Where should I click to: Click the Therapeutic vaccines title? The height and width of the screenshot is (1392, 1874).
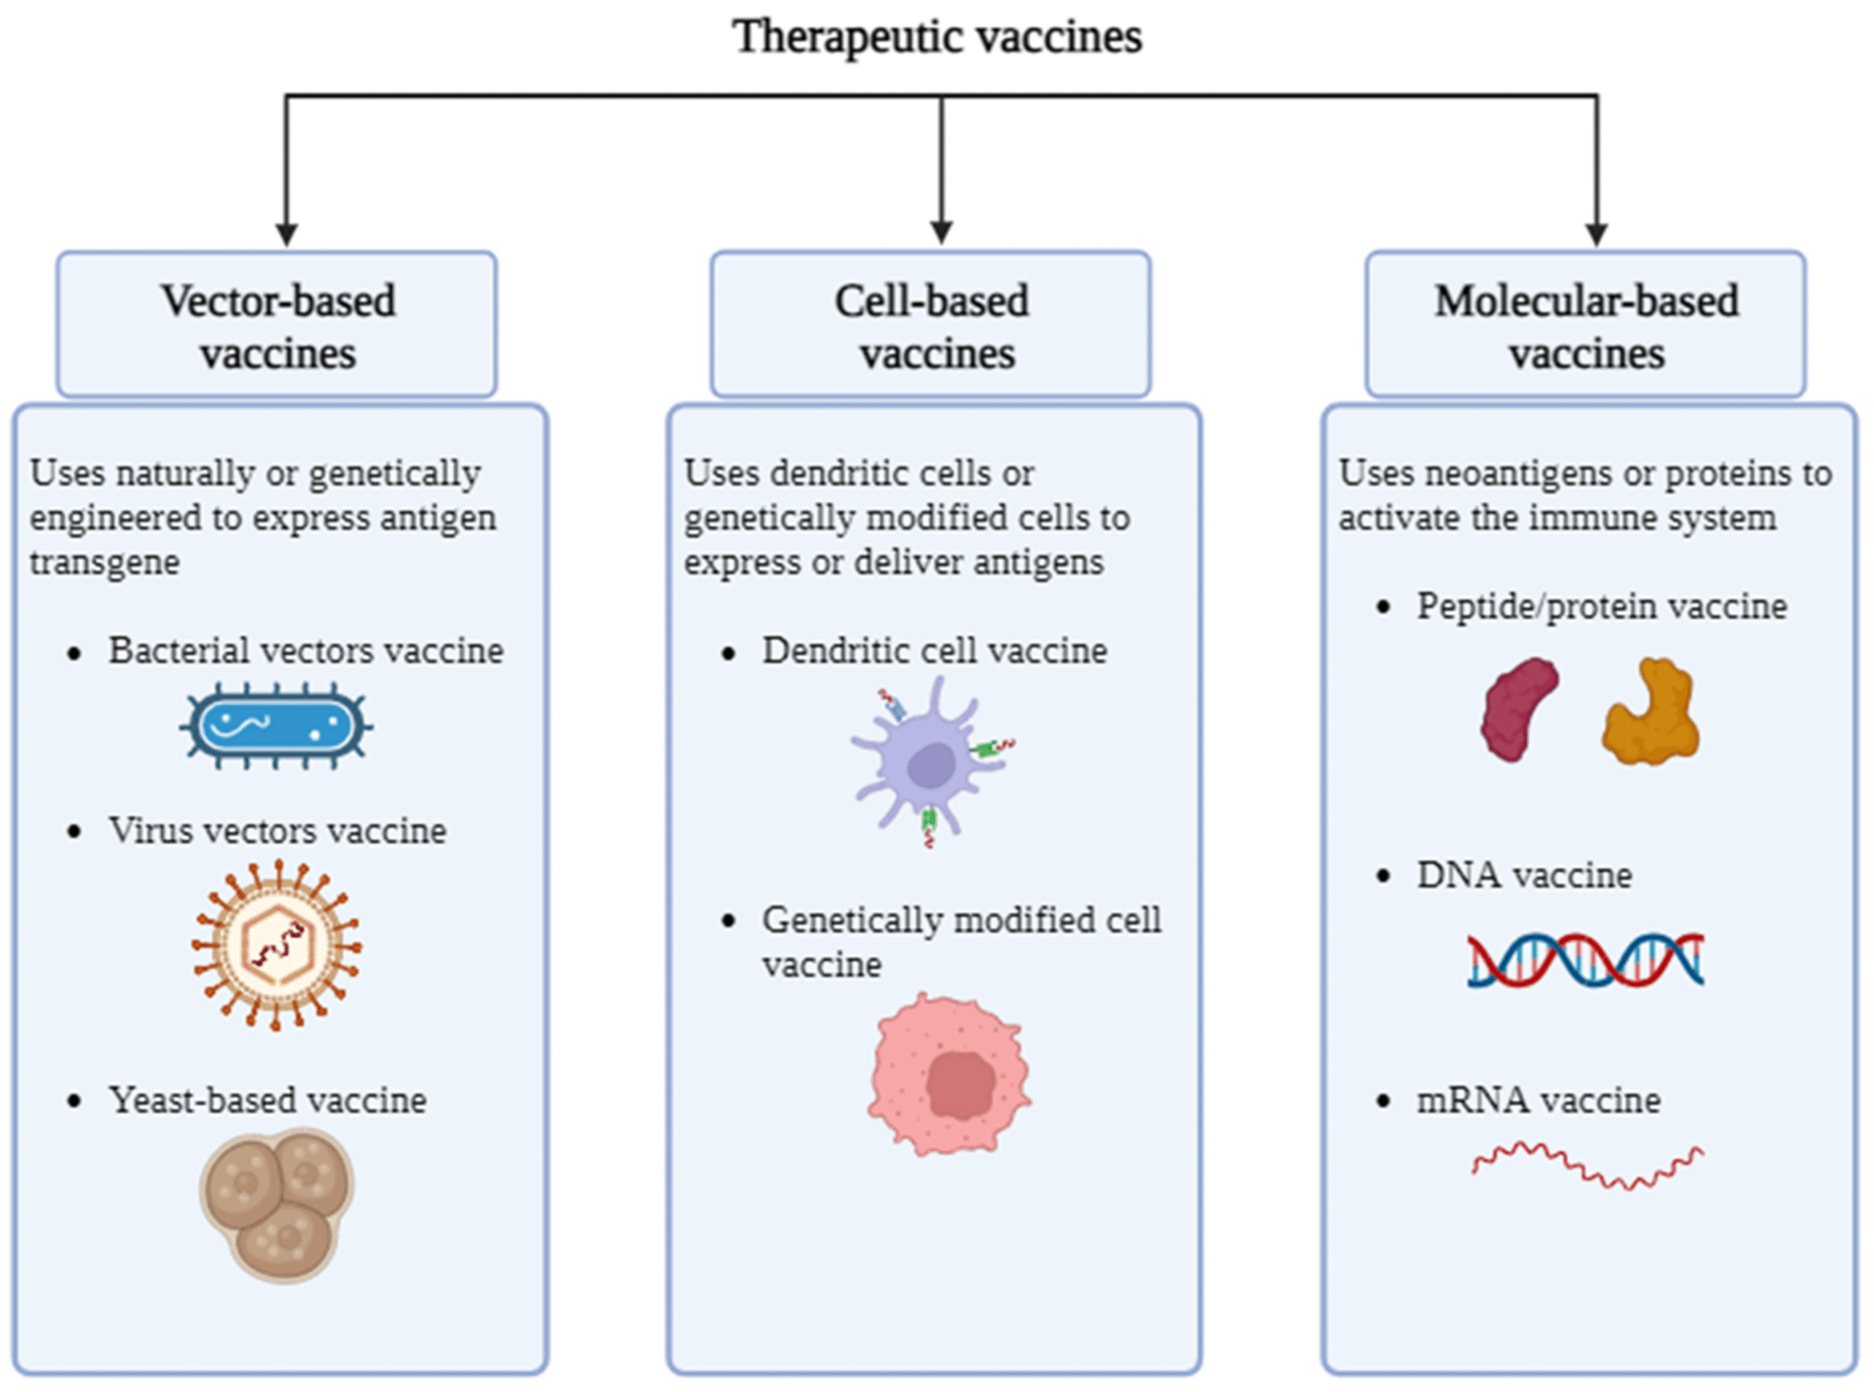[937, 37]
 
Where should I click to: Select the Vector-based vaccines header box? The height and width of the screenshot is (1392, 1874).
[277, 325]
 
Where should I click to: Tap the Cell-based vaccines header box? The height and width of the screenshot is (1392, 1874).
[930, 325]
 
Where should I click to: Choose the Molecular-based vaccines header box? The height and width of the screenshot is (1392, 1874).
[1585, 325]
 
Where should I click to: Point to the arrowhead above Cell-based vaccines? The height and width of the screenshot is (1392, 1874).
[941, 233]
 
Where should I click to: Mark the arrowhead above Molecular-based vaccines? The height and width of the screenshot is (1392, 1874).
[1596, 233]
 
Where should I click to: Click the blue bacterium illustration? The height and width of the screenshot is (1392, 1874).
[277, 725]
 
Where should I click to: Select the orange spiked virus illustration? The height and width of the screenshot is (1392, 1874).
[277, 945]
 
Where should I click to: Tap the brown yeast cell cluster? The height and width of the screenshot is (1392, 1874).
[277, 1204]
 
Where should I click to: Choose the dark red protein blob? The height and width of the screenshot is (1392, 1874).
[1518, 709]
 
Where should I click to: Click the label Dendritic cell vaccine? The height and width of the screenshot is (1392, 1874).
[935, 651]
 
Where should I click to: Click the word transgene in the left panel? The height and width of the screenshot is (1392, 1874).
[105, 562]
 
